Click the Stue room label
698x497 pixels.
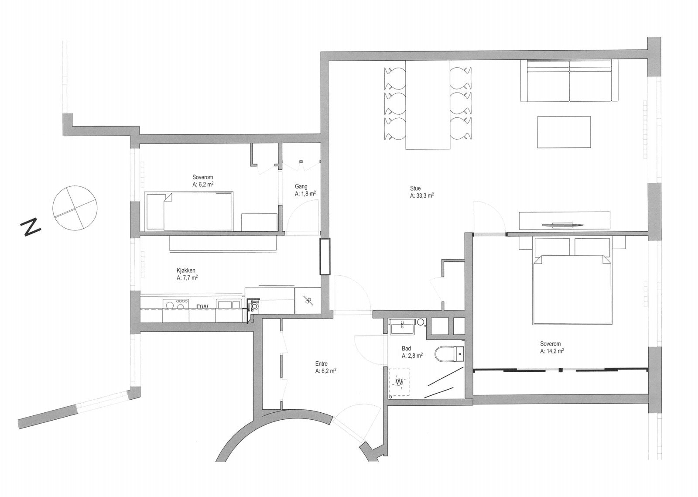415,189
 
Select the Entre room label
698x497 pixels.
322,363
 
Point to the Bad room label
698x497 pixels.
407,349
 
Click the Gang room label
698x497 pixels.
301,187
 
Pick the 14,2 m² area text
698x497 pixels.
552,351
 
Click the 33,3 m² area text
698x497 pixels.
422,196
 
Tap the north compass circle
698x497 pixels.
74,207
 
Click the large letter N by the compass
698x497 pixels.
31,227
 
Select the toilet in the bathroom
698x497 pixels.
449,353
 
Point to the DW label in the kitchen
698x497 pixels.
202,307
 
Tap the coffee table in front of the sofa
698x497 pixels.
564,132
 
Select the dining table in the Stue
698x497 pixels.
428,105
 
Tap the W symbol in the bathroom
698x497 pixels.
399,382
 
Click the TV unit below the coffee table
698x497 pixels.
564,221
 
